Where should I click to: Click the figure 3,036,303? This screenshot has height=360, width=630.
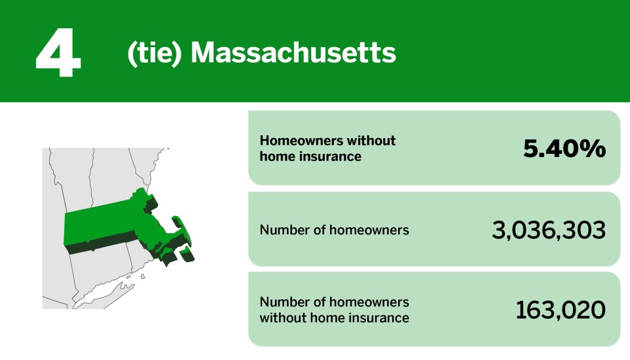[548, 230]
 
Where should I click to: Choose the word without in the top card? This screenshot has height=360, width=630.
[373, 141]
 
